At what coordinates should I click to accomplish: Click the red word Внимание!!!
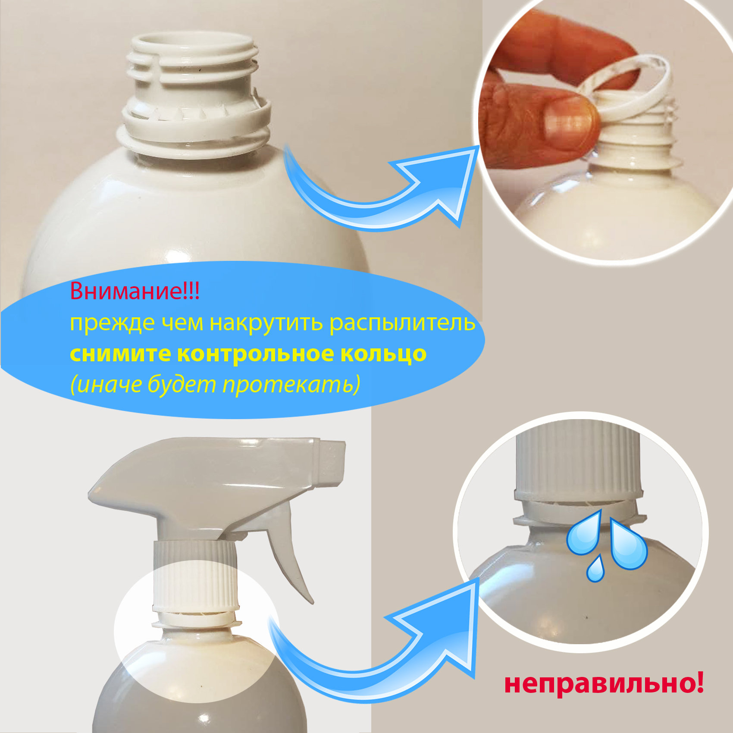[135, 291]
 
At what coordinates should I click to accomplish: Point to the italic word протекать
[291, 385]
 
